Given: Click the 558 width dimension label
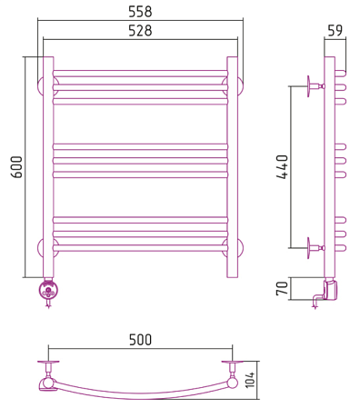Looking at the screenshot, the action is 140,12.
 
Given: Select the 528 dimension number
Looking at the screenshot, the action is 140,31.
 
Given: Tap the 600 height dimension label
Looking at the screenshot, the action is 16,167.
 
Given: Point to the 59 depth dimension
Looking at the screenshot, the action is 335,30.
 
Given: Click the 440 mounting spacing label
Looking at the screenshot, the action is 282,167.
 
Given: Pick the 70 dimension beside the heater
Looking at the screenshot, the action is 282,288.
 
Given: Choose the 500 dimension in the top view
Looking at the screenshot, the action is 140,340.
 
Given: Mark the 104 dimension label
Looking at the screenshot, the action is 250,379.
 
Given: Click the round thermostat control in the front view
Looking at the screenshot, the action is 48,291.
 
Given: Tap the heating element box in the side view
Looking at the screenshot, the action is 330,290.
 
